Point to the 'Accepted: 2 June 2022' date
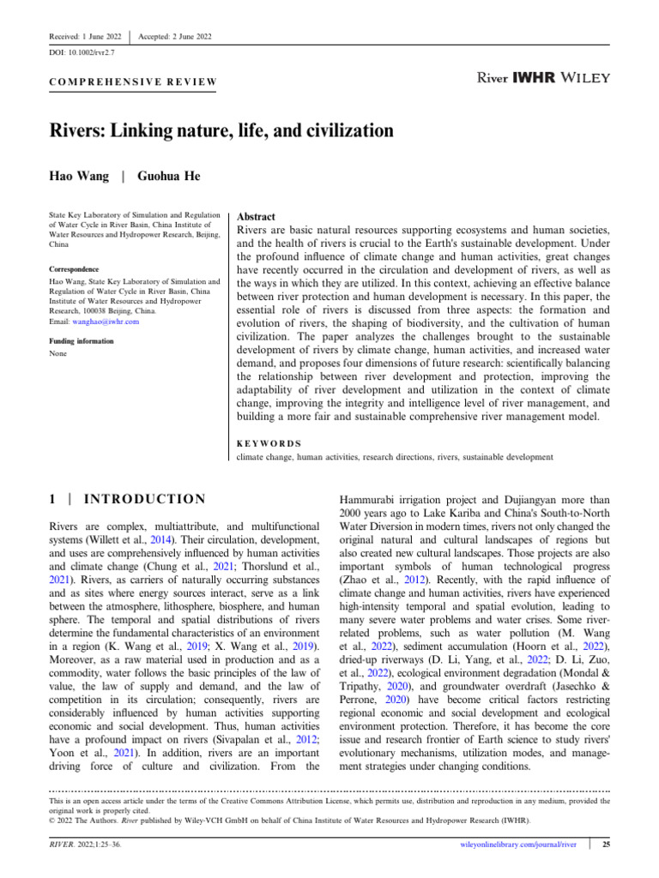(x=175, y=36)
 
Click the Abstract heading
(x=256, y=217)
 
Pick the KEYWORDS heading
(x=269, y=443)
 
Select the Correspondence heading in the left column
(x=73, y=268)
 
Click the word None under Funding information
(x=57, y=352)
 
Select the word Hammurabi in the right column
(x=372, y=497)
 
